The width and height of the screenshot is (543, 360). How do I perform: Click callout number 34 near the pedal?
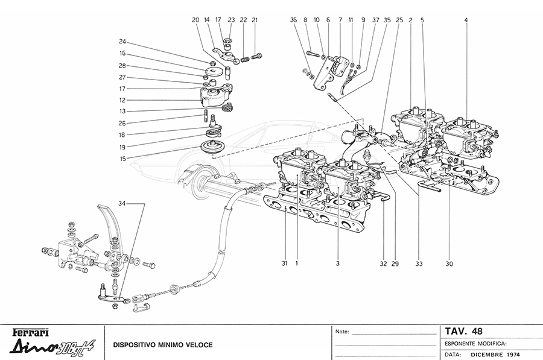click(x=122, y=203)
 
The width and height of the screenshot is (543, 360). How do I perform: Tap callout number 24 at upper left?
click(x=122, y=42)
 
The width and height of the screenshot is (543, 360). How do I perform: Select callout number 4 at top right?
click(x=466, y=20)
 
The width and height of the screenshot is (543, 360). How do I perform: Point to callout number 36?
click(x=293, y=20)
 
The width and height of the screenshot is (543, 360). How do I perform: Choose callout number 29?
click(x=396, y=263)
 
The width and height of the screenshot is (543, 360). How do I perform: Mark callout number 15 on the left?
click(x=122, y=159)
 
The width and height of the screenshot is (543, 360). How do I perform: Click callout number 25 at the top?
click(x=400, y=20)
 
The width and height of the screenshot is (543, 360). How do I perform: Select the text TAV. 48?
click(x=463, y=330)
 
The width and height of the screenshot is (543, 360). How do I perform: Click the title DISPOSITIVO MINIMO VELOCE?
click(x=162, y=346)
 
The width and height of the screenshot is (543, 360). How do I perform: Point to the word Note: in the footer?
click(x=342, y=332)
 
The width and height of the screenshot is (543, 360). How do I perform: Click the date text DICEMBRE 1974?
click(x=497, y=354)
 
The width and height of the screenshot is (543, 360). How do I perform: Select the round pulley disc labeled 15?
click(x=211, y=147)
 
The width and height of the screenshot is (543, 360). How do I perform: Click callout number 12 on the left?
click(x=122, y=99)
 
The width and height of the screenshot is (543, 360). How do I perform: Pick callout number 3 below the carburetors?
click(x=338, y=263)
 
